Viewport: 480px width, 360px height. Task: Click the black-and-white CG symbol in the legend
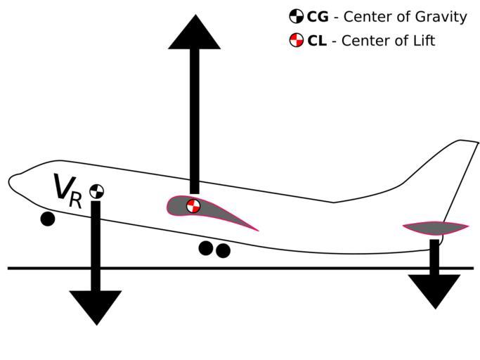(x=297, y=17)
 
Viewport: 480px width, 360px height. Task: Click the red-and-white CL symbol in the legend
(x=297, y=40)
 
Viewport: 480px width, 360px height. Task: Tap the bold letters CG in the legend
(x=318, y=17)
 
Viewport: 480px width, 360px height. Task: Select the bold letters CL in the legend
(x=317, y=41)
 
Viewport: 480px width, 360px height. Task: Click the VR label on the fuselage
(x=67, y=190)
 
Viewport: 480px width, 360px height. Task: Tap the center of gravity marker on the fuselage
(x=96, y=191)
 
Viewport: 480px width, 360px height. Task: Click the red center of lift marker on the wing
(x=193, y=205)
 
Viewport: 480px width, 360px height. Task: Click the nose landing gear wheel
(x=47, y=219)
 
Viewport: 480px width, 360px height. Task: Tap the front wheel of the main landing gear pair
(x=206, y=247)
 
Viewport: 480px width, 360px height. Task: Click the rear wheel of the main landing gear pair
(x=223, y=250)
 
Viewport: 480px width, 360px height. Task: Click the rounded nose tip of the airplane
(x=11, y=181)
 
